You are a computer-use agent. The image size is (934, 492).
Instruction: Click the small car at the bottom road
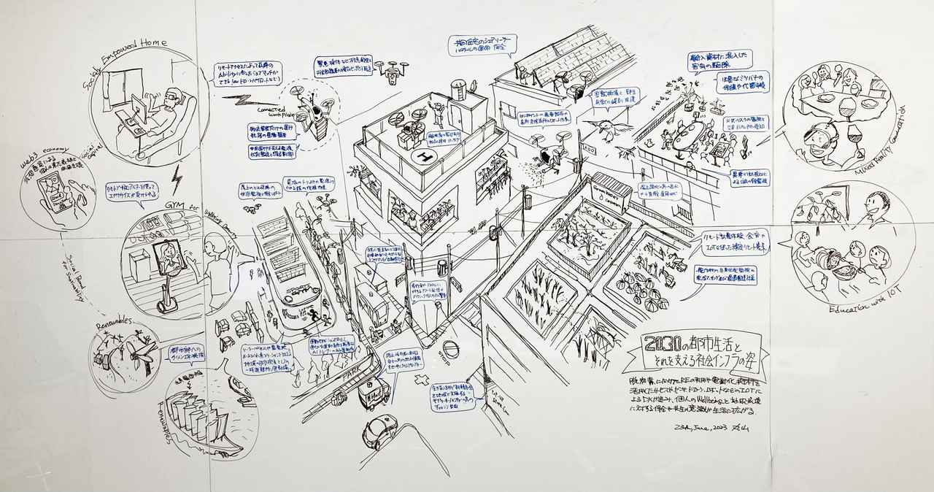pos(379,431)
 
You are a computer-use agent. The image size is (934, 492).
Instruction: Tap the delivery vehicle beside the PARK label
pos(373,391)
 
